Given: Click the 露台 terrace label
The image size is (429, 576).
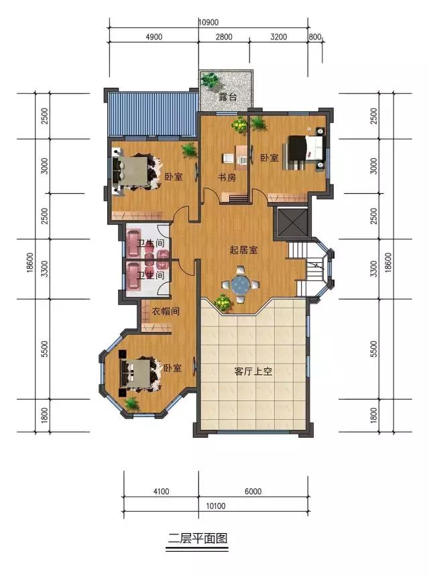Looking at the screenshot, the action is tap(228, 97).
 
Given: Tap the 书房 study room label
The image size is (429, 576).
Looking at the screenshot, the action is tap(227, 178).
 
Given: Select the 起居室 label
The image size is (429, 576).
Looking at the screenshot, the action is tap(243, 250).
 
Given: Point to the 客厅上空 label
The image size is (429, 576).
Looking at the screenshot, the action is tap(253, 371).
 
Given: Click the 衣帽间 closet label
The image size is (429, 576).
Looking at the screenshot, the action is tap(166, 312).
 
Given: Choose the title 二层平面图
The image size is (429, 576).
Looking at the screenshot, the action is tap(198, 538).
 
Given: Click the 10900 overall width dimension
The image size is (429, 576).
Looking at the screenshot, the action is tap(208, 22).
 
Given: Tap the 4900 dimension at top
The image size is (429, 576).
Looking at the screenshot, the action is tap(154, 37).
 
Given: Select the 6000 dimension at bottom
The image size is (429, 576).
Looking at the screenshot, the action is tap(253, 491).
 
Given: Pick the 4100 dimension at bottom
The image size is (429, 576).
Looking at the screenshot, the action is tap(161, 491).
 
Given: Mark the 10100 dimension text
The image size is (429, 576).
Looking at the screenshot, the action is tap(216, 506).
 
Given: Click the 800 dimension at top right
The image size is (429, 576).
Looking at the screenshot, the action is tap(315, 37).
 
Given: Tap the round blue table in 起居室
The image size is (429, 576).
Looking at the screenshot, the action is tap(241, 284).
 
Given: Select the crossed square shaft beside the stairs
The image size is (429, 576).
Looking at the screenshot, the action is tap(292, 223).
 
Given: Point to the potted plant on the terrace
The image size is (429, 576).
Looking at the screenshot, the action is tap(210, 80).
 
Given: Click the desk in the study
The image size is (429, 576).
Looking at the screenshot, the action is tap(241, 157).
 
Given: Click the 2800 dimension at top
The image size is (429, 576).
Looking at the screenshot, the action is tap(224, 37).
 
